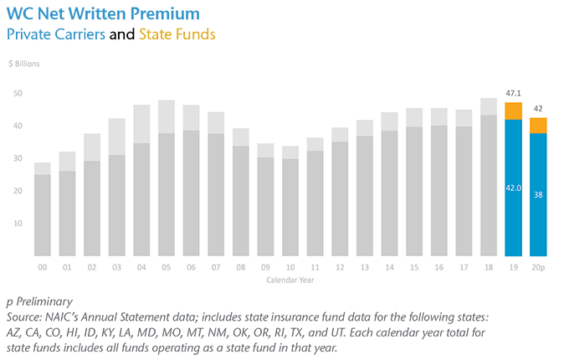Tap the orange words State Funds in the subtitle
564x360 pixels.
coord(177,35)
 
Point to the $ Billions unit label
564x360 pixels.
coord(24,64)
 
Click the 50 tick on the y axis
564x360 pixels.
coord(18,94)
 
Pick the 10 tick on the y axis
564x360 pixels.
coord(18,224)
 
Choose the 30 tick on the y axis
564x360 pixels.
coord(18,158)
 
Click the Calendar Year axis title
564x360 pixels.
coord(290,280)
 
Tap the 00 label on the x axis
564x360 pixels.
coord(42,268)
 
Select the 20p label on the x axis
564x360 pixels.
coord(539,268)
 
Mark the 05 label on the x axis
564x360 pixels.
coord(166,268)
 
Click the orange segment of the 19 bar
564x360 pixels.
coord(513,111)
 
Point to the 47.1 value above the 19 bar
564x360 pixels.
coord(513,95)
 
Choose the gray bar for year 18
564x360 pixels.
coord(488,185)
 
